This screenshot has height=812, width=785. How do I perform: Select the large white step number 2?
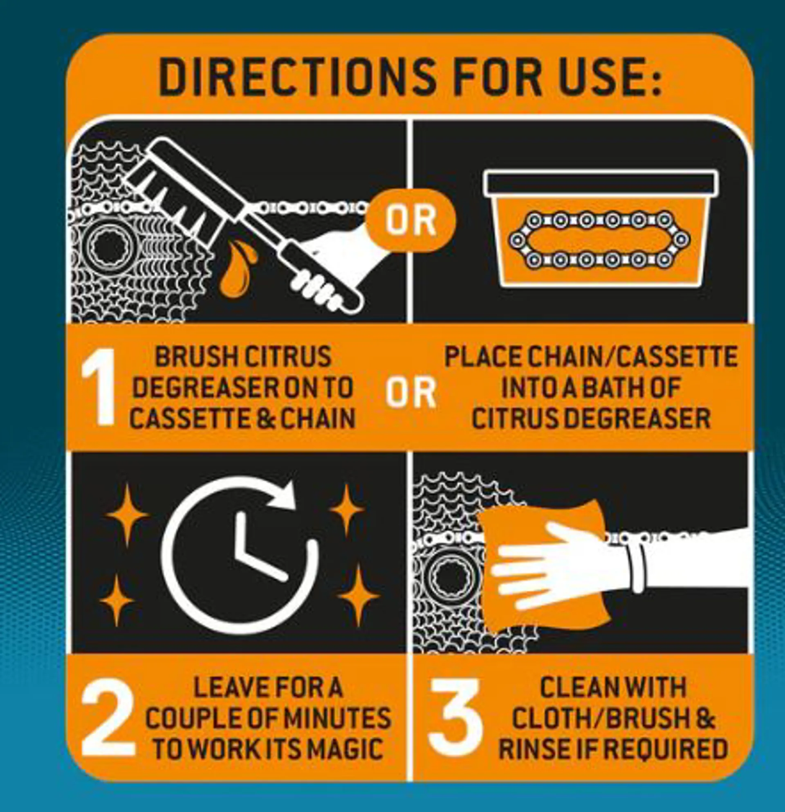click(108, 718)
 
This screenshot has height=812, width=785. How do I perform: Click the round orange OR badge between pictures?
click(410, 220)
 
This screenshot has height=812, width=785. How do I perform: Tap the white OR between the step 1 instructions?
click(411, 391)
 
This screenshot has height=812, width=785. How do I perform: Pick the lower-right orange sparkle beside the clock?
click(358, 596)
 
